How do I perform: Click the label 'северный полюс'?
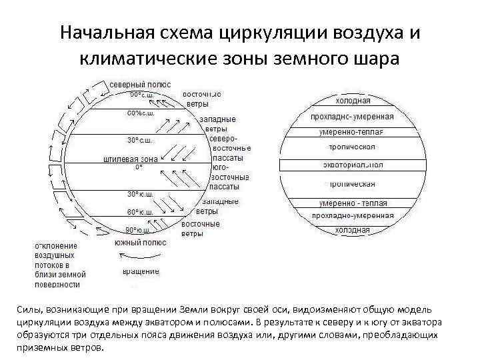(141, 85)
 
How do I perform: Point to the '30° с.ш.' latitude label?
(139, 140)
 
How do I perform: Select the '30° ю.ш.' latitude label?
(139, 194)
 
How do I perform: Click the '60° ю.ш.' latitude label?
(141, 212)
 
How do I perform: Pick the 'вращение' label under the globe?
(141, 271)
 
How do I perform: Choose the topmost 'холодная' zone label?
(353, 101)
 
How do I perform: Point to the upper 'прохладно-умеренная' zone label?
(352, 116)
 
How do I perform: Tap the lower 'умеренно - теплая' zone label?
(353, 201)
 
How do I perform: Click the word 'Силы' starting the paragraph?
(27, 310)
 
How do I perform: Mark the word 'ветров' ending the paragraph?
(87, 348)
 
